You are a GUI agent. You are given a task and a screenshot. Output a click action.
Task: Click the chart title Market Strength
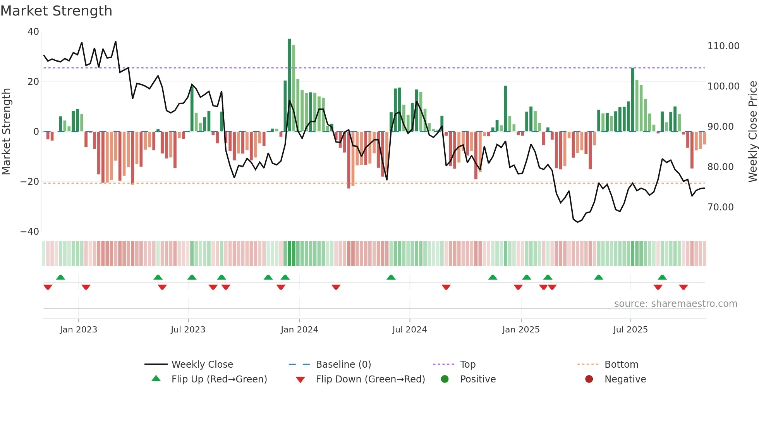click(x=56, y=11)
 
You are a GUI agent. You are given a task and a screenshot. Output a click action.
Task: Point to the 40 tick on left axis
click(x=33, y=32)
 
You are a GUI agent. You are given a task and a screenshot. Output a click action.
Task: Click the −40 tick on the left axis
click(x=30, y=232)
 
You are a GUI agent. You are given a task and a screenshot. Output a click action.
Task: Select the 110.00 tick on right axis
click(x=723, y=46)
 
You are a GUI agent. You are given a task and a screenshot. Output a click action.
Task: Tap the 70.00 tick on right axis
click(x=720, y=207)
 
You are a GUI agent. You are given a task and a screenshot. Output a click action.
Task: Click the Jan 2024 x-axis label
click(x=299, y=330)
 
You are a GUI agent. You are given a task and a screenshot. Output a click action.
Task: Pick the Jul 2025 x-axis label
click(x=630, y=330)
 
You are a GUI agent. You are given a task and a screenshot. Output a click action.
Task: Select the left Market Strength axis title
click(x=7, y=132)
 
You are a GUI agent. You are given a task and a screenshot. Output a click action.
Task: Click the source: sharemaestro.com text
click(x=675, y=304)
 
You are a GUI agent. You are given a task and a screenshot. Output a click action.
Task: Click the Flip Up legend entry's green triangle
click(x=156, y=379)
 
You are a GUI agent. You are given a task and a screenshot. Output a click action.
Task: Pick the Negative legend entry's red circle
click(x=589, y=379)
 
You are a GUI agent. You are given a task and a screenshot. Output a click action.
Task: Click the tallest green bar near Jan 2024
click(x=289, y=85)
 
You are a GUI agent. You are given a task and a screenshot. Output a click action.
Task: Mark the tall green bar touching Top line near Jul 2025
click(x=633, y=100)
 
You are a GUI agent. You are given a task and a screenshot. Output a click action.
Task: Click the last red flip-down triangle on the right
click(x=683, y=287)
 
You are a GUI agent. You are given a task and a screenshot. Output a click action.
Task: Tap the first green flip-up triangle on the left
click(x=60, y=277)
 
